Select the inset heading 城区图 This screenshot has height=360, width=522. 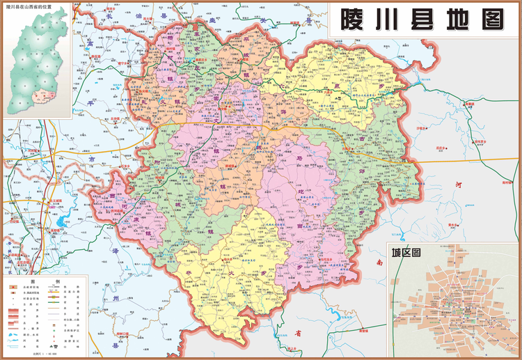407,253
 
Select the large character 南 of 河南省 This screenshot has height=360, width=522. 379,263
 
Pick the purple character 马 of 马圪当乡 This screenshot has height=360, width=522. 297,159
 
